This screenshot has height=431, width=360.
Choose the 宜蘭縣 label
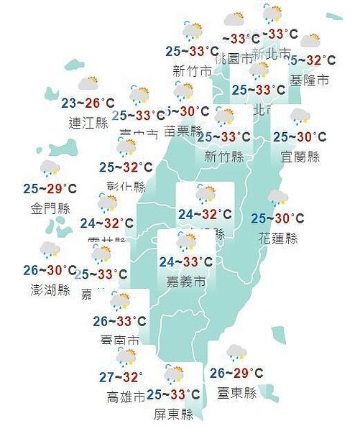[x=300, y=155]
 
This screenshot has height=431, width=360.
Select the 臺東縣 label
[x=236, y=394]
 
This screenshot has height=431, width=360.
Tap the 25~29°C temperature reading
[x=50, y=189]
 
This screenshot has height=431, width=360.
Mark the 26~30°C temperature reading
[x=50, y=271]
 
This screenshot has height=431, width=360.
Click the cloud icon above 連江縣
[x=88, y=84]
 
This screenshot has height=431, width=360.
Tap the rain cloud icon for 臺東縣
[x=236, y=353]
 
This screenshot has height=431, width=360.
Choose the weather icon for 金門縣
[x=50, y=170]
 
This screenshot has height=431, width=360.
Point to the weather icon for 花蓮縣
[x=277, y=199]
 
